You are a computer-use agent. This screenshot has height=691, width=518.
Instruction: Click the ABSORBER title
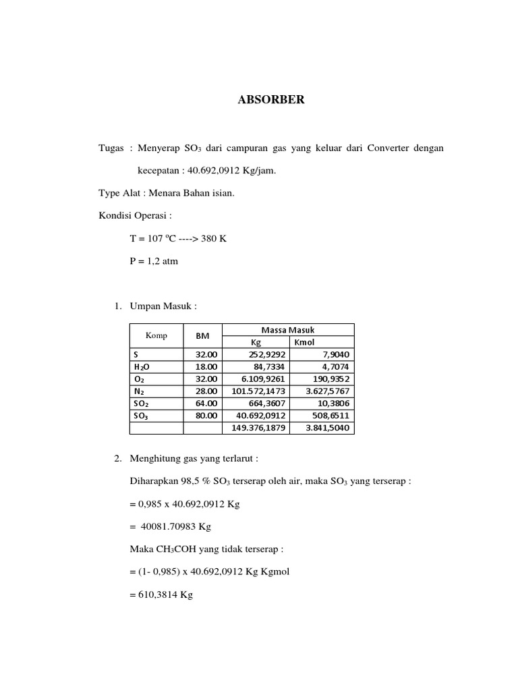tap(271, 100)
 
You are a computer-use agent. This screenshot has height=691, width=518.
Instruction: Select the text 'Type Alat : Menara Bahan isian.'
tap(166, 194)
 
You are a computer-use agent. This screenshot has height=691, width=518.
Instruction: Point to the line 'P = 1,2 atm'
tap(154, 261)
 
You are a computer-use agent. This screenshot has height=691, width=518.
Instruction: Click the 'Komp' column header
tap(156, 335)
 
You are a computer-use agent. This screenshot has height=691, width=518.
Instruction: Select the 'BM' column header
tap(202, 335)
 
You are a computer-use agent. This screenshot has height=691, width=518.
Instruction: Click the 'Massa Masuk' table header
tap(287, 330)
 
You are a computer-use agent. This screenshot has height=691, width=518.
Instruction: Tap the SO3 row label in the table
tap(142, 416)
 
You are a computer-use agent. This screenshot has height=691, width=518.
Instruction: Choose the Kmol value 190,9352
tap(328, 379)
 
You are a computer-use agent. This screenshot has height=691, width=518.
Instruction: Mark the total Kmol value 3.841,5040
tap(328, 428)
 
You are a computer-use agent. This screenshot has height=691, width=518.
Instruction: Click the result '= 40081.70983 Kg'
tap(171, 527)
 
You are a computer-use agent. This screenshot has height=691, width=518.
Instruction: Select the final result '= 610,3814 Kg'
tap(161, 596)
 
